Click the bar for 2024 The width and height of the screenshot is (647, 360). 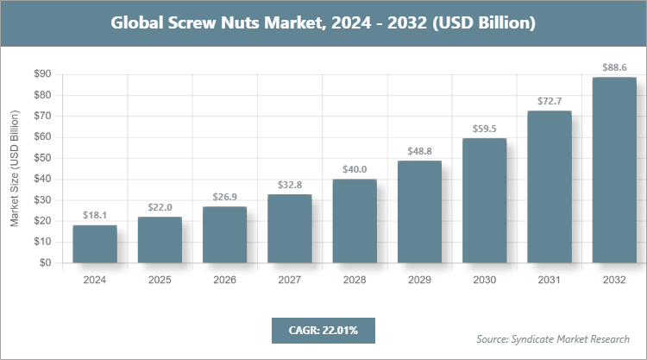(x=95, y=244)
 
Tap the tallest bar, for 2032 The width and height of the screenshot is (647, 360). (x=614, y=170)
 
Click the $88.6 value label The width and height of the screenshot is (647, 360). (x=614, y=66)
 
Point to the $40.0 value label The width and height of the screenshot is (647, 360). (x=355, y=169)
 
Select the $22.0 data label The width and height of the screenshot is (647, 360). (x=160, y=207)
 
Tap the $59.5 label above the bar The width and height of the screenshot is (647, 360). (x=484, y=128)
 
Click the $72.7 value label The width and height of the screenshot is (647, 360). (x=550, y=100)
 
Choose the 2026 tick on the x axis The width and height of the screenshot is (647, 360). (x=224, y=280)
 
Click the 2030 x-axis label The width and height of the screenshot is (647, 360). (x=484, y=280)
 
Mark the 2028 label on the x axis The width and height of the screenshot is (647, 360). (x=355, y=280)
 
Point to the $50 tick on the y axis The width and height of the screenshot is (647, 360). (x=41, y=158)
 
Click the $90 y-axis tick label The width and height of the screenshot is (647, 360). (x=41, y=74)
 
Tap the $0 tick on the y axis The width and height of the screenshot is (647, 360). (x=45, y=263)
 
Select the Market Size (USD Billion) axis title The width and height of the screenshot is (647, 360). (x=15, y=168)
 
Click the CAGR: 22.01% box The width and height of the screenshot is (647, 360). (x=323, y=330)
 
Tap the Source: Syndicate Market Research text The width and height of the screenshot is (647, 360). (x=553, y=338)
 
